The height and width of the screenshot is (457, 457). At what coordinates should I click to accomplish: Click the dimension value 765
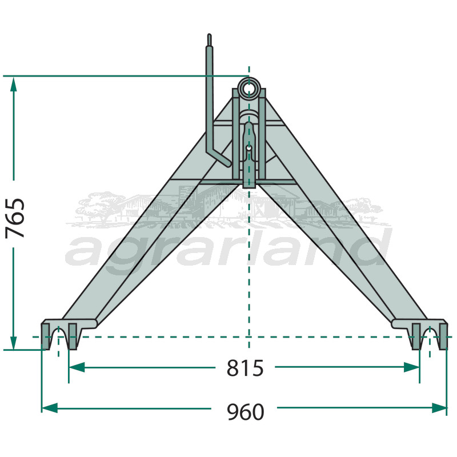(x=15, y=218)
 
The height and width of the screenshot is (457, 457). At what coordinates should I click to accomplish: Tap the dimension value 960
(x=245, y=410)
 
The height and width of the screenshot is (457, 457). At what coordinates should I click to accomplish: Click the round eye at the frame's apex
(x=249, y=88)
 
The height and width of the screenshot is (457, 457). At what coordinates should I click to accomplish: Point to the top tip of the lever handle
(x=210, y=37)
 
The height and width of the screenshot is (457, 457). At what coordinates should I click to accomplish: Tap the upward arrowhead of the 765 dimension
(x=14, y=85)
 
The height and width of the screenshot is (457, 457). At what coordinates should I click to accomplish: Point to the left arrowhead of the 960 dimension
(x=49, y=408)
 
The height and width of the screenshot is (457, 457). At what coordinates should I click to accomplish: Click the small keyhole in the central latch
(x=250, y=150)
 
